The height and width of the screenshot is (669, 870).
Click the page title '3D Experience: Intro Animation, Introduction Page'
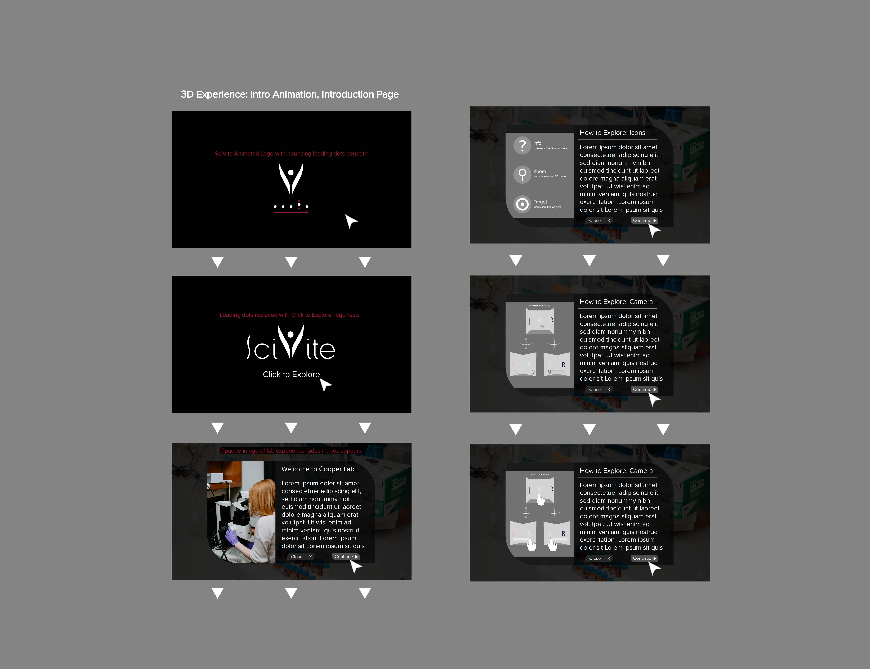(x=290, y=94)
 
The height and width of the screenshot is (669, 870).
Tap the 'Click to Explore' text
(x=291, y=374)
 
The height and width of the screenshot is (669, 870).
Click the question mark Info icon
(x=522, y=145)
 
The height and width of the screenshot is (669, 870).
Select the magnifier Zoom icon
(x=522, y=174)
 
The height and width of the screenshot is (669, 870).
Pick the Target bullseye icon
(x=522, y=204)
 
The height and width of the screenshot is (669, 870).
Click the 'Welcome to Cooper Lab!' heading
(x=318, y=469)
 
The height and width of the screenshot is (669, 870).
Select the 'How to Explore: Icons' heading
(x=612, y=133)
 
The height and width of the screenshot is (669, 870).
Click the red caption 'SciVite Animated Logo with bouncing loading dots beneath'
(x=291, y=154)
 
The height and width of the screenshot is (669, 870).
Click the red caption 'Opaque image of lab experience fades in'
(x=290, y=451)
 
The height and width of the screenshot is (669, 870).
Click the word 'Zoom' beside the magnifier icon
(x=539, y=171)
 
